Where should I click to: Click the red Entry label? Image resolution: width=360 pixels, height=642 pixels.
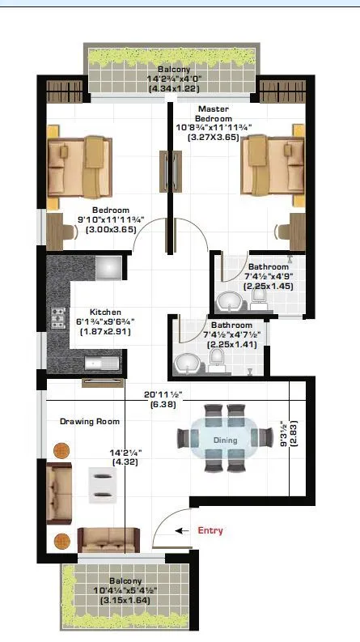tap(210, 530)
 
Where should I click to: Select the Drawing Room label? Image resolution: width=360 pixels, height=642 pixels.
tap(91, 421)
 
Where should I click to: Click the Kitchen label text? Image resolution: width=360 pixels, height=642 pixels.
tap(105, 312)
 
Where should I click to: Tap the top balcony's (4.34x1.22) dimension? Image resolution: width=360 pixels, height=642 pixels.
tap(173, 88)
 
